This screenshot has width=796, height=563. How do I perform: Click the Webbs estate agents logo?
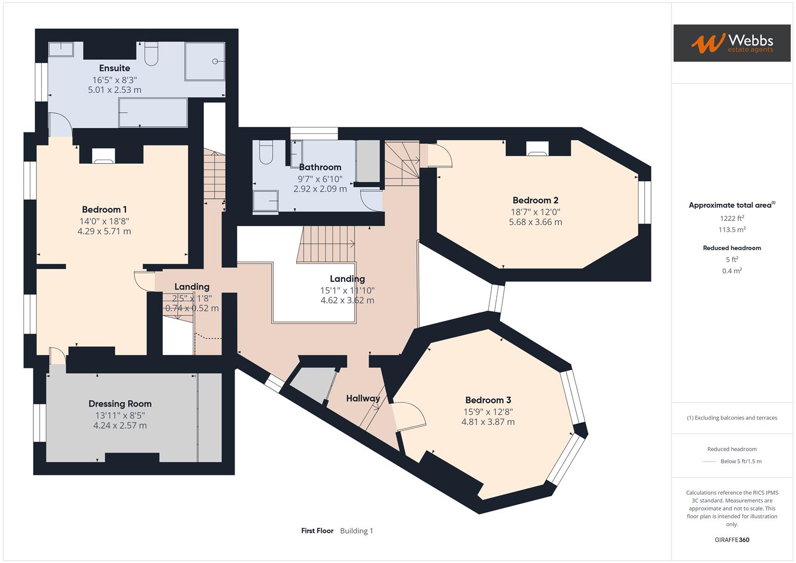pyautogui.click(x=731, y=43)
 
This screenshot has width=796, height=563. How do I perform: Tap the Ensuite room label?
pyautogui.click(x=115, y=68)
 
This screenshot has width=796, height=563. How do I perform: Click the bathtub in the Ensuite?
pyautogui.click(x=153, y=113)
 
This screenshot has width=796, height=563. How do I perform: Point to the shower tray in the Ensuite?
pyautogui.click(x=204, y=62)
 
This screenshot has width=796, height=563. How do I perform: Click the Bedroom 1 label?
pyautogui.click(x=104, y=210)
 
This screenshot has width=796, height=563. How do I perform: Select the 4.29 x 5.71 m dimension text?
pyautogui.click(x=104, y=231)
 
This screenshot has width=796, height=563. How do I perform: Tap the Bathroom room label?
pyautogui.click(x=320, y=167)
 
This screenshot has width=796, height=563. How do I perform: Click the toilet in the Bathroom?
pyautogui.click(x=265, y=152)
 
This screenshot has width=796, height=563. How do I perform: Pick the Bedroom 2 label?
pyautogui.click(x=535, y=200)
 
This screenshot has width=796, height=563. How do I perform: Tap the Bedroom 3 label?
pyautogui.click(x=488, y=400)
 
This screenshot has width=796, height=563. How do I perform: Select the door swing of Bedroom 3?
pyautogui.click(x=409, y=416)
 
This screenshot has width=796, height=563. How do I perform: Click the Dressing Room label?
pyautogui.click(x=120, y=404)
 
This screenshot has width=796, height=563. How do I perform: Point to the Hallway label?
pyautogui.click(x=363, y=398)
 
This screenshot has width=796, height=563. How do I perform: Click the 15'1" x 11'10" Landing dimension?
pyautogui.click(x=347, y=290)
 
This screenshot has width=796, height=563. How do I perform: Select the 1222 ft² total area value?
pyautogui.click(x=732, y=218)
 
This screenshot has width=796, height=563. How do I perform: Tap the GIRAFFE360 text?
pyautogui.click(x=732, y=540)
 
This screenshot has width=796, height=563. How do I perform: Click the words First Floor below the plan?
pyautogui.click(x=317, y=531)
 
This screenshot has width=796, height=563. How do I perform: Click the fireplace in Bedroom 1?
pyautogui.click(x=103, y=156)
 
